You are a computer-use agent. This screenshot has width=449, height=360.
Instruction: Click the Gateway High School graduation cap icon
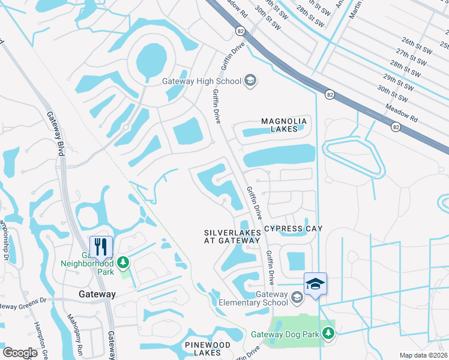click(x=250, y=81)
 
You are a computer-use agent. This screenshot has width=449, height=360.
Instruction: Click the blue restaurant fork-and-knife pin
click(x=101, y=247)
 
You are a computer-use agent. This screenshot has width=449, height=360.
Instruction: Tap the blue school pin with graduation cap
click(x=315, y=283)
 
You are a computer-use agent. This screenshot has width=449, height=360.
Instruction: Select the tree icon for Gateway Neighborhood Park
click(x=123, y=262)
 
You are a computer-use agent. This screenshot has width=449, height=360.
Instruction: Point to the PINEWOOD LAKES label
click(x=207, y=350)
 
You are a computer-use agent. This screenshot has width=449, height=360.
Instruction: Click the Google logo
click(x=20, y=353)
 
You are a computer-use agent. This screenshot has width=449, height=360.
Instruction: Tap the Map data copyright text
click(x=423, y=355)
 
